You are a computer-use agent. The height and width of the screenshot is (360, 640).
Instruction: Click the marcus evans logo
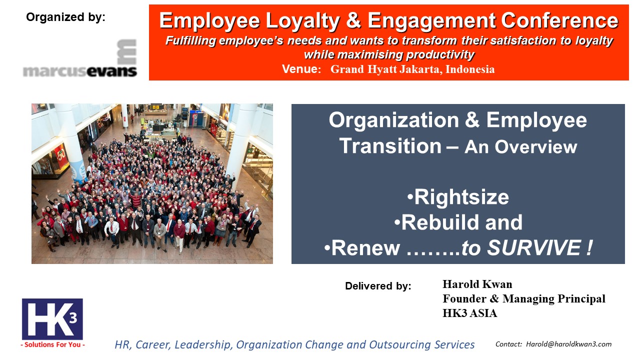tap(80, 58)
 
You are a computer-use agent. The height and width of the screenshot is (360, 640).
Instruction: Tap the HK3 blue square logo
tap(52, 319)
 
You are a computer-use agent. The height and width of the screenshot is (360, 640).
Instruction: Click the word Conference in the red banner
tap(559, 20)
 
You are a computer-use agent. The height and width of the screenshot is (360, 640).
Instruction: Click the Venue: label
tap(301, 69)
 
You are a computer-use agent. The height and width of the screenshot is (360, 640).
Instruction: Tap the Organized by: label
tap(65, 17)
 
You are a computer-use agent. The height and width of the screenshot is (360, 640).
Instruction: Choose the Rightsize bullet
tap(458, 197)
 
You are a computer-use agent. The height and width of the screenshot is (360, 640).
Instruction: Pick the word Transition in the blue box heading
tap(390, 146)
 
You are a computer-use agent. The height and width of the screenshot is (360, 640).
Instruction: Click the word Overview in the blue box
tap(536, 147)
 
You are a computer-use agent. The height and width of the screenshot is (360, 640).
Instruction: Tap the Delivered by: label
tap(378, 286)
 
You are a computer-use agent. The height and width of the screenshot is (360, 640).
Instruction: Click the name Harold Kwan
tap(477, 284)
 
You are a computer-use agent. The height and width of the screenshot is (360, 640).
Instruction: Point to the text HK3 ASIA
tap(469, 313)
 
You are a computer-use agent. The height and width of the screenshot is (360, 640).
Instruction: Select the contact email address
tap(569, 344)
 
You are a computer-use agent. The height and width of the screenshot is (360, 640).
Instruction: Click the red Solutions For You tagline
tap(53, 344)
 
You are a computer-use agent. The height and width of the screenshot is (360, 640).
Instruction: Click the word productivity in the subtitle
tap(440, 54)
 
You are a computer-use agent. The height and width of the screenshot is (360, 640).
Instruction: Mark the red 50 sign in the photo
tap(60, 155)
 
